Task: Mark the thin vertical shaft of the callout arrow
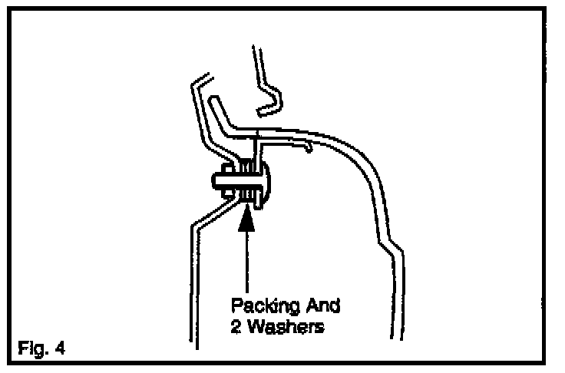[x=246, y=261]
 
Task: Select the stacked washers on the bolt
[x=246, y=183]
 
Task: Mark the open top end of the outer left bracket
[x=199, y=79]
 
